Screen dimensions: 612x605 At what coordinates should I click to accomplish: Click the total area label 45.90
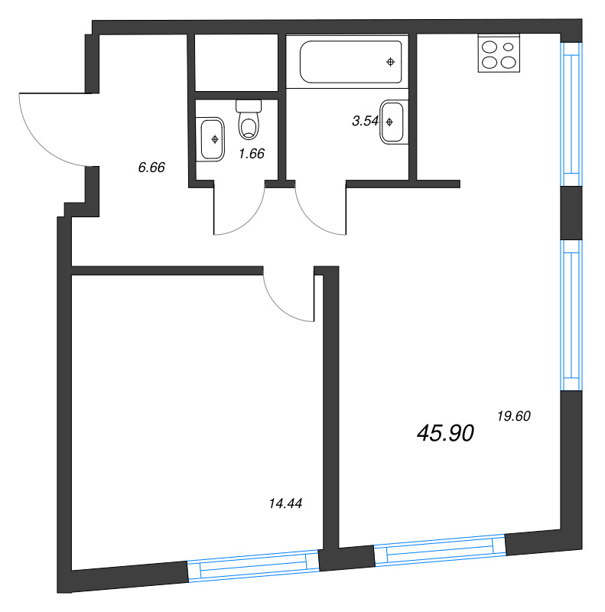446,433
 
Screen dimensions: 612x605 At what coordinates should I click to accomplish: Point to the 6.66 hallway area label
151,168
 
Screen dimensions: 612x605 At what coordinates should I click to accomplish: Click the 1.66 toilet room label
251,153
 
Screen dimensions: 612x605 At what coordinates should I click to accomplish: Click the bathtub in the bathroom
351,63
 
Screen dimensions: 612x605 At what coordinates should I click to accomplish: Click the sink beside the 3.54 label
392,121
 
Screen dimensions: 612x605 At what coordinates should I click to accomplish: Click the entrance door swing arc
46,130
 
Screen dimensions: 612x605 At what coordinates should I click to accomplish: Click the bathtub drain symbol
391,61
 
